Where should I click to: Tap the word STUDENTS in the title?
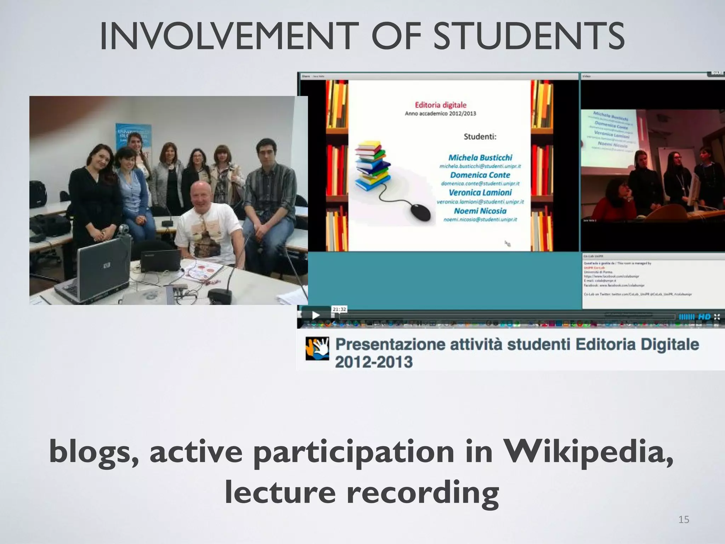529,36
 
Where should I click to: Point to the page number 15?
684,520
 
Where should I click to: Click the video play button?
315,315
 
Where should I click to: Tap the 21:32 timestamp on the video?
339,309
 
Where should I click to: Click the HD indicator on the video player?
704,317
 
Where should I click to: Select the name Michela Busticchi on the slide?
480,158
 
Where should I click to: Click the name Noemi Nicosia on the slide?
480,211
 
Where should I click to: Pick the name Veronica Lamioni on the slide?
480,193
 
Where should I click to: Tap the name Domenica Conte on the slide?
480,175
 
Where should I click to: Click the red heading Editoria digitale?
440,105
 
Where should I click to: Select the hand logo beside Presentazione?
317,349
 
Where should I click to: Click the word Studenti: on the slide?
480,137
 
